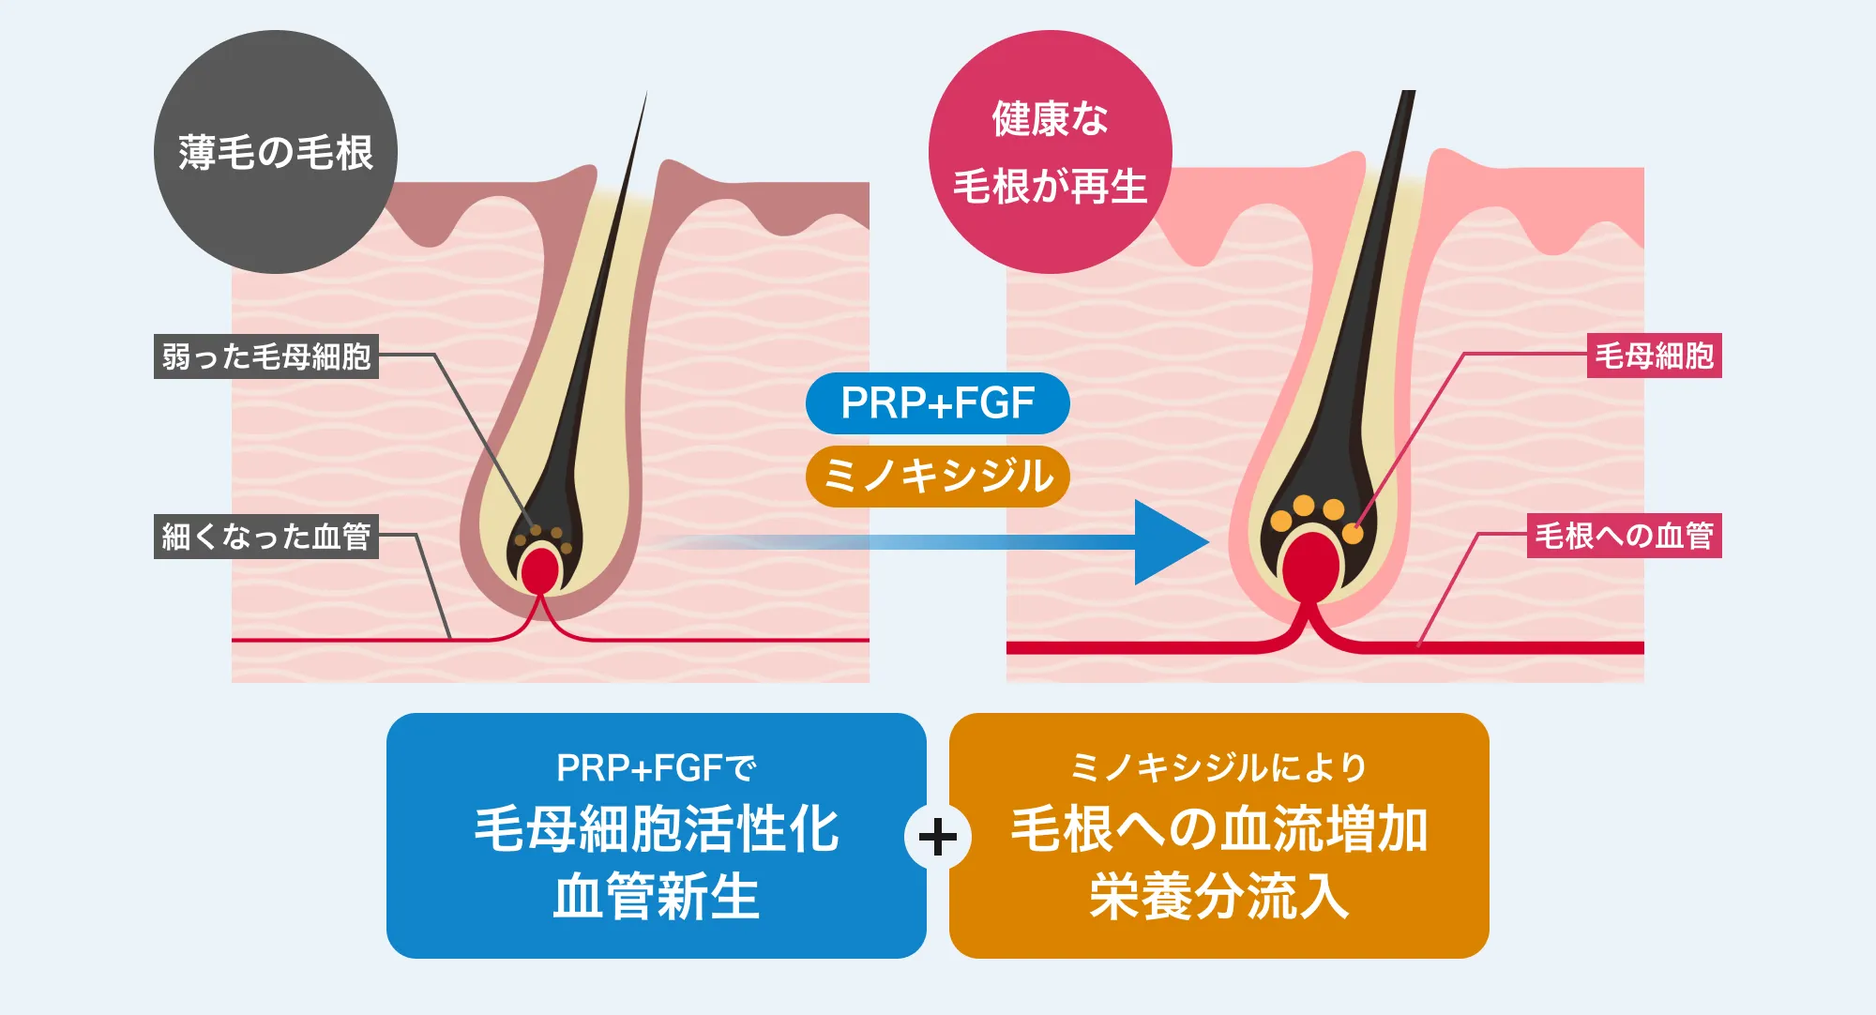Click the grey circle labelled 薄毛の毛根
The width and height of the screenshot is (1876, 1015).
(275, 152)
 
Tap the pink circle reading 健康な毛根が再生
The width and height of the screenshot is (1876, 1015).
(1050, 152)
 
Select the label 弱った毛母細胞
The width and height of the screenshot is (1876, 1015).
(266, 356)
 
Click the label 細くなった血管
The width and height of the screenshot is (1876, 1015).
(266, 537)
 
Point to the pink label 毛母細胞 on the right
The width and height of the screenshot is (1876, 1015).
(1654, 356)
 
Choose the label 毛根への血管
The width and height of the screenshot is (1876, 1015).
(1624, 537)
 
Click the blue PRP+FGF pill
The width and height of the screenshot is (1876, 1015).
(937, 403)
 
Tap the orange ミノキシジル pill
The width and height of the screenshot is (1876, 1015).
(937, 476)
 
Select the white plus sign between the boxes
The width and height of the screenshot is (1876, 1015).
(938, 837)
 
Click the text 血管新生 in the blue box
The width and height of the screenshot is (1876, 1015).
(656, 897)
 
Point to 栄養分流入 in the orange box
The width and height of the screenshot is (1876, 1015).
(1218, 897)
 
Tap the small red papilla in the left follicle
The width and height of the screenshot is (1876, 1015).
(540, 570)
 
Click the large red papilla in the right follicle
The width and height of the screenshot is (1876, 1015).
(1311, 567)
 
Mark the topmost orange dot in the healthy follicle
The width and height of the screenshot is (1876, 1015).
(1304, 506)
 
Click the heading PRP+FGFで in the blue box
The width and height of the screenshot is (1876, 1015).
(656, 768)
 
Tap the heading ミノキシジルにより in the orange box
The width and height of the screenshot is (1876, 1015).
(1218, 768)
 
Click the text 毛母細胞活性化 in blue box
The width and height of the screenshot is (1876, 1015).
(656, 829)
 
